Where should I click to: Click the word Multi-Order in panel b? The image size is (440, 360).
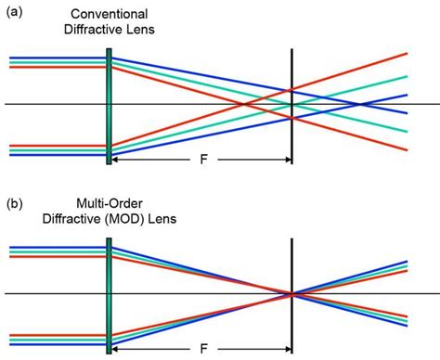(x=110, y=203)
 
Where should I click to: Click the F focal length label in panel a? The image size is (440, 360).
(x=202, y=159)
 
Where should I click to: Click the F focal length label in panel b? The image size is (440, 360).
(x=202, y=351)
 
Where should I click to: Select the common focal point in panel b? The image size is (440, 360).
(x=291, y=294)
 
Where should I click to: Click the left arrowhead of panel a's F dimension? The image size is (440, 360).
(x=116, y=159)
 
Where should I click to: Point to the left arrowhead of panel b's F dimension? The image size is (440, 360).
(x=116, y=351)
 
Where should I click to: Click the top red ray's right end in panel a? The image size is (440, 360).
(x=406, y=54)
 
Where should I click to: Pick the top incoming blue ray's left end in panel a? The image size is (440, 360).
(x=11, y=56)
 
